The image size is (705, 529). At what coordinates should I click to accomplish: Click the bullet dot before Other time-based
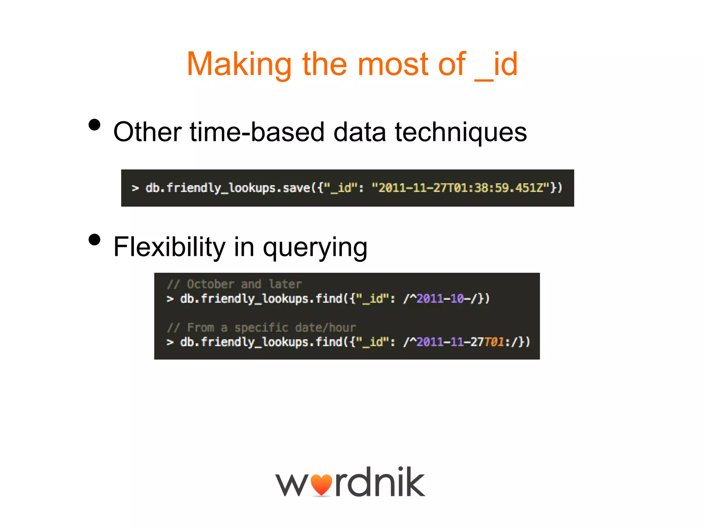click(x=94, y=125)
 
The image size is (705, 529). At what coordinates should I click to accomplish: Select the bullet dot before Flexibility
click(x=94, y=240)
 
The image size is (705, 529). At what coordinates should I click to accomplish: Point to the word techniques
click(x=461, y=132)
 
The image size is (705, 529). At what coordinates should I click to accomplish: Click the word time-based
click(x=257, y=132)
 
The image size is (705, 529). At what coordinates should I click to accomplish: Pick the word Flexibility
click(x=169, y=247)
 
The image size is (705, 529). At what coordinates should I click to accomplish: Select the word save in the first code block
click(x=296, y=188)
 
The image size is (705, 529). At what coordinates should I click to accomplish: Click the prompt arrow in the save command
click(x=135, y=188)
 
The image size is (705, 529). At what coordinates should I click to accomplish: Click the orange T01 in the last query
click(x=494, y=342)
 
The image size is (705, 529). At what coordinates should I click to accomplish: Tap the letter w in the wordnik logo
click(x=292, y=485)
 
